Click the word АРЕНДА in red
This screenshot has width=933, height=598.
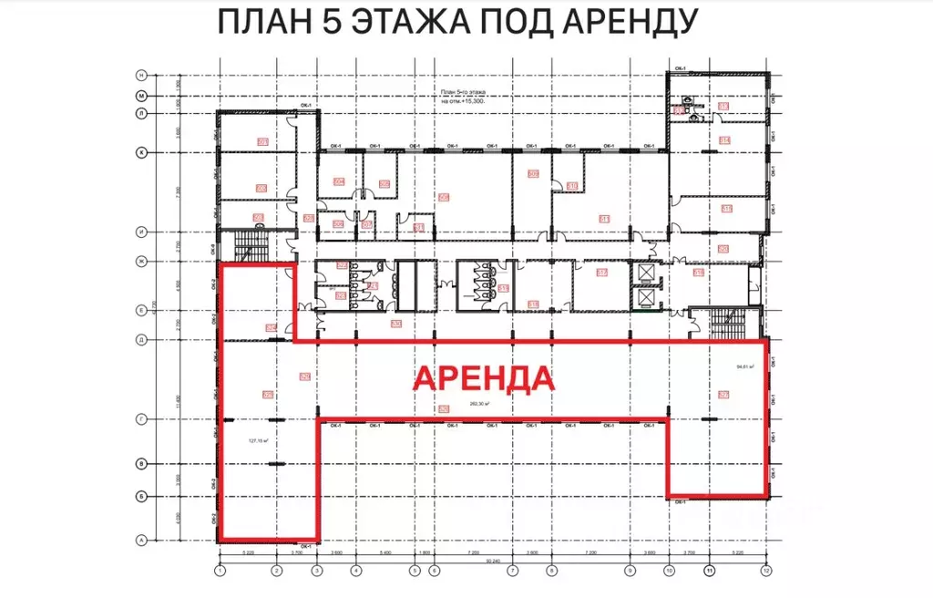pyautogui.click(x=485, y=377)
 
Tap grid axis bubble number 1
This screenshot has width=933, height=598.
pyautogui.click(x=219, y=571)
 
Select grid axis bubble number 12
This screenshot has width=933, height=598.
pyautogui.click(x=766, y=571)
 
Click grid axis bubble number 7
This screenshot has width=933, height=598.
pyautogui.click(x=512, y=571)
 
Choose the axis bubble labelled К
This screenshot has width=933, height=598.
pyautogui.click(x=141, y=152)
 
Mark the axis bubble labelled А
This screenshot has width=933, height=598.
pyautogui.click(x=141, y=540)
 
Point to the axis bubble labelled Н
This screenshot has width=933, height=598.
pyautogui.click(x=141, y=74)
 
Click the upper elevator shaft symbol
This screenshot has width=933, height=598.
pyautogui.click(x=645, y=273)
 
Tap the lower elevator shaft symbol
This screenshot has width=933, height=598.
pyautogui.click(x=645, y=296)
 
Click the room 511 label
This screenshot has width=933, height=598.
pyautogui.click(x=603, y=219)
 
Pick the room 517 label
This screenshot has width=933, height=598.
pyautogui.click(x=602, y=272)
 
